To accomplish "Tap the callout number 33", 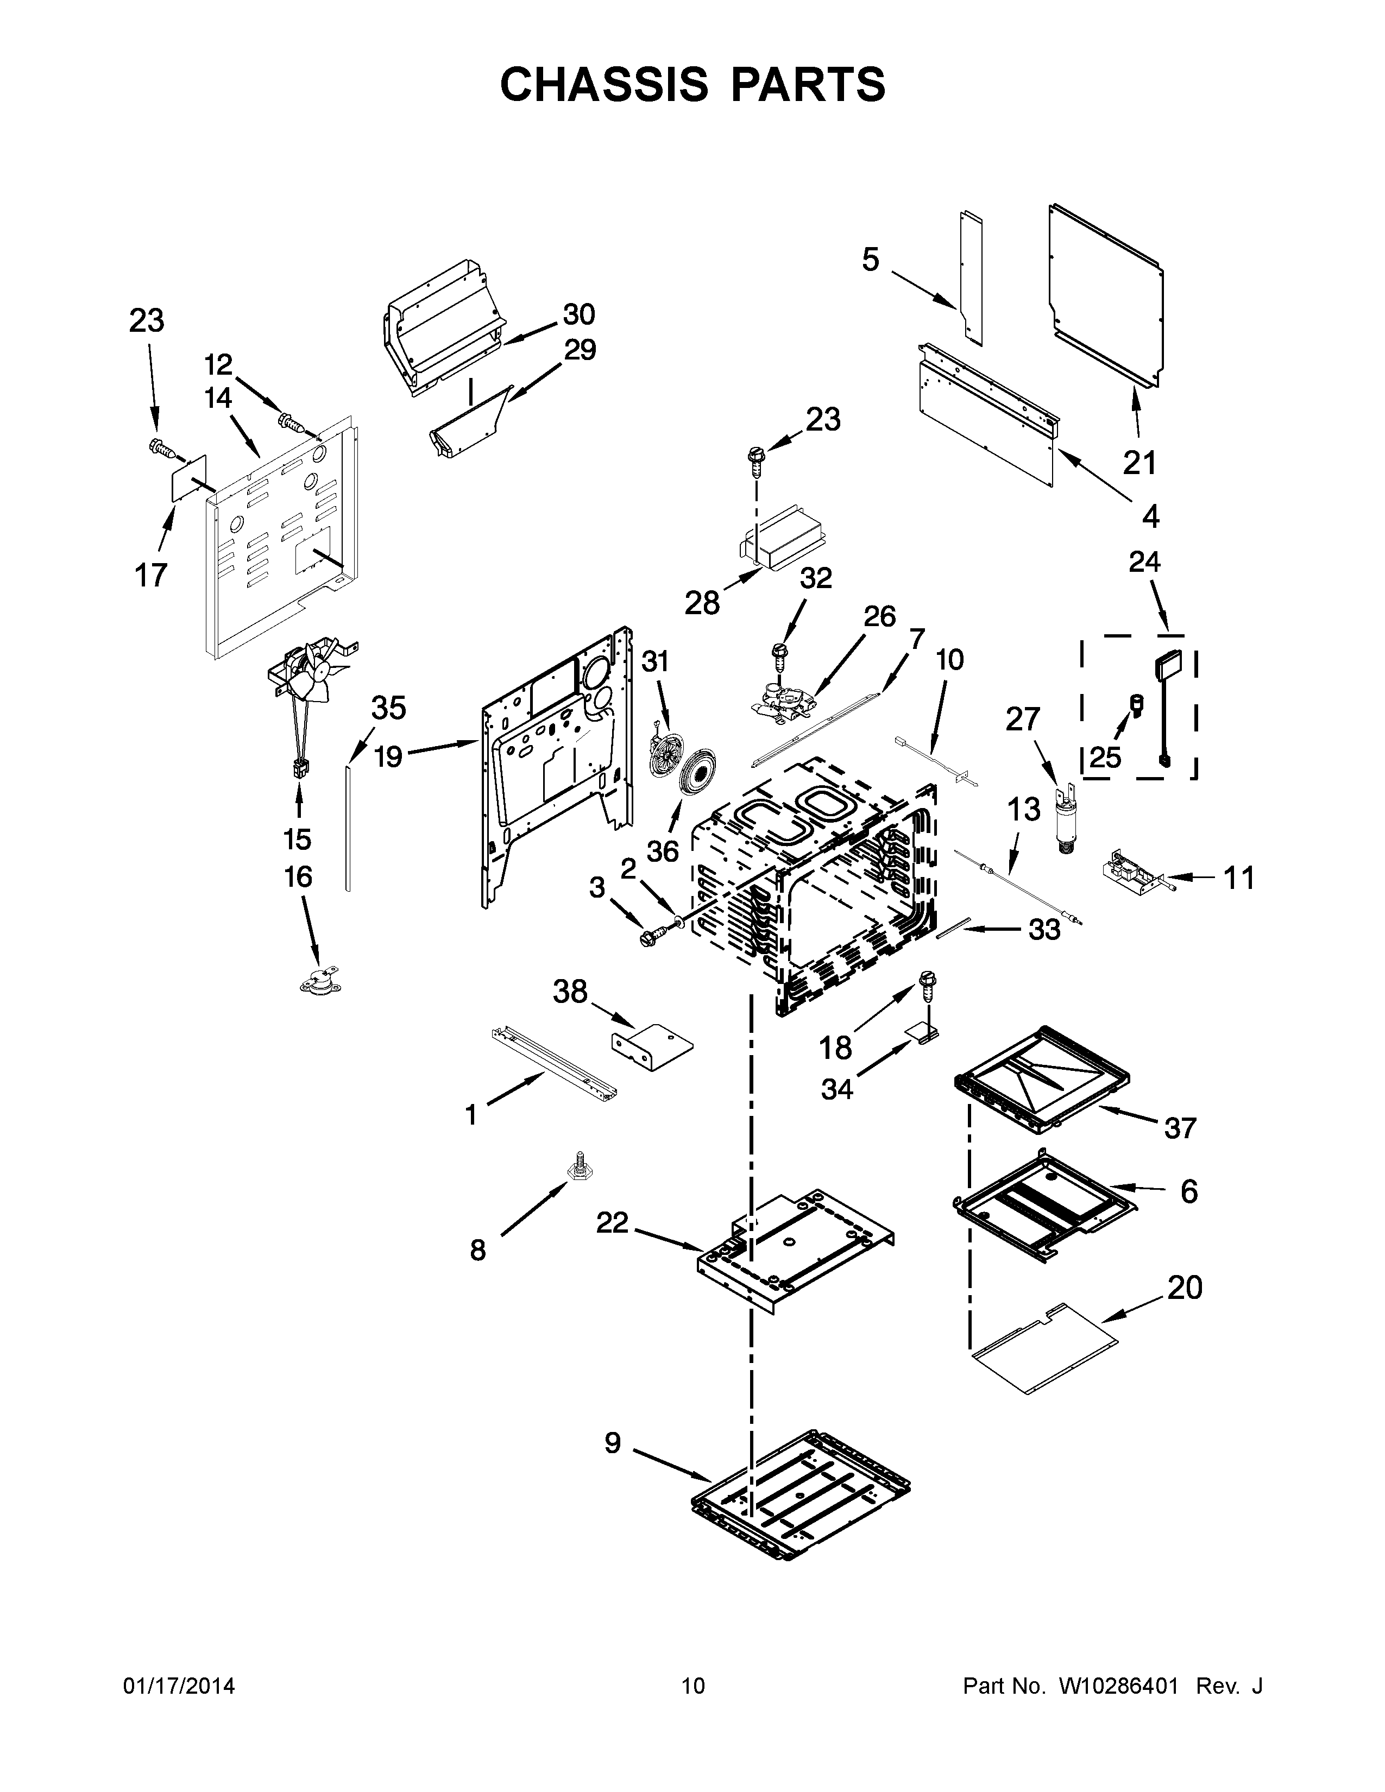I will (1044, 930).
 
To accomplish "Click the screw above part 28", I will (755, 464).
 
